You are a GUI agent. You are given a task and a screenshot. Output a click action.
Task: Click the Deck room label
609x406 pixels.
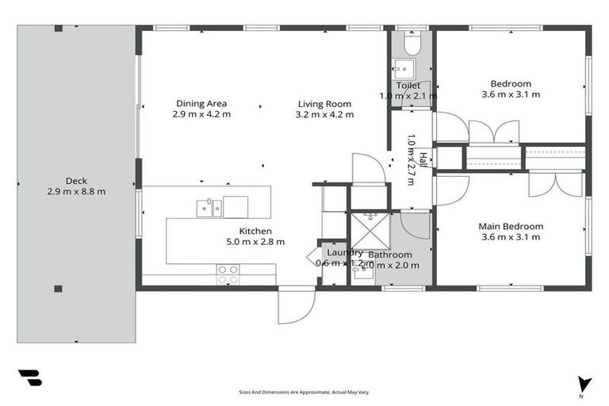click(77, 181)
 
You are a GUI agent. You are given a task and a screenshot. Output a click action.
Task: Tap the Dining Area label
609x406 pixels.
click(201, 103)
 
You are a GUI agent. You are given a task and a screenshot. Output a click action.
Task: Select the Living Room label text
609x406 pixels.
click(324, 103)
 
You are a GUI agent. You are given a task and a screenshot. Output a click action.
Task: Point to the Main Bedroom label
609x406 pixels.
click(511, 226)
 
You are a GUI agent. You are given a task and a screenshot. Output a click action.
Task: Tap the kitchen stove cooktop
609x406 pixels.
click(228, 274)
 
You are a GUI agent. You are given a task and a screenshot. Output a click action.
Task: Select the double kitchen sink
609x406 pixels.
click(209, 208)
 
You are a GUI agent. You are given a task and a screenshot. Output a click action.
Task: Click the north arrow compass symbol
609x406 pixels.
click(585, 384)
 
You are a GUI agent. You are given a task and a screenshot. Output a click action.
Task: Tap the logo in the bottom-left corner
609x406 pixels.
click(29, 378)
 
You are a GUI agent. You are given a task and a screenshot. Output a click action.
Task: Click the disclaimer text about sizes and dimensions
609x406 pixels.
click(304, 392)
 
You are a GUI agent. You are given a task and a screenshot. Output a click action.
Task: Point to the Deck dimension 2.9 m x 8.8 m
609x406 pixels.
click(77, 191)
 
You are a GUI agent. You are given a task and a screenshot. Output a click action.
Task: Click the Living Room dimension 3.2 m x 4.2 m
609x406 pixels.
click(324, 114)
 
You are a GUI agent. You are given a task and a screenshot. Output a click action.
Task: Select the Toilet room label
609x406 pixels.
click(408, 85)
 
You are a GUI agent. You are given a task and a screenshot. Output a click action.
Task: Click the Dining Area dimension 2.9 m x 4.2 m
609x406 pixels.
click(201, 114)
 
